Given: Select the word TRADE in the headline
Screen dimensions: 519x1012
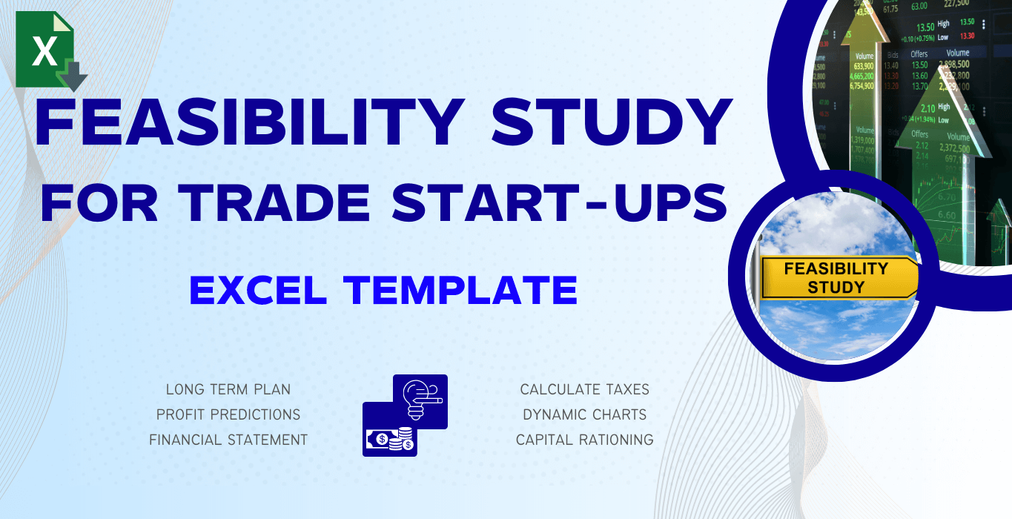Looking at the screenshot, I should click(x=278, y=201).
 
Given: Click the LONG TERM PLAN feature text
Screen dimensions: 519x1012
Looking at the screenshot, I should click(x=228, y=389).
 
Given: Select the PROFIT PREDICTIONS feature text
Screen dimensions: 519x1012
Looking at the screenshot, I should click(x=228, y=414).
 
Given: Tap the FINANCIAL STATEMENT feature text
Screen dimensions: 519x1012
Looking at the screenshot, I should click(x=228, y=440).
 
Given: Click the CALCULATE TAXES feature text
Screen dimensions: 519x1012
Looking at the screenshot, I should click(x=584, y=389).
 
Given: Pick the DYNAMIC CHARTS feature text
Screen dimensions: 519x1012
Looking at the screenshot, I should click(x=584, y=414).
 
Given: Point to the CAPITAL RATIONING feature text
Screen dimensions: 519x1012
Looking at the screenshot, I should click(x=584, y=440).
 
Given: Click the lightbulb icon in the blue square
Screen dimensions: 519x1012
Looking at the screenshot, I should click(x=420, y=399).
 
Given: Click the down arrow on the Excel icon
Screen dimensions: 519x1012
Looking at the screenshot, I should click(x=74, y=76).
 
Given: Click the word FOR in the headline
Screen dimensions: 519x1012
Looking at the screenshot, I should click(x=103, y=201).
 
